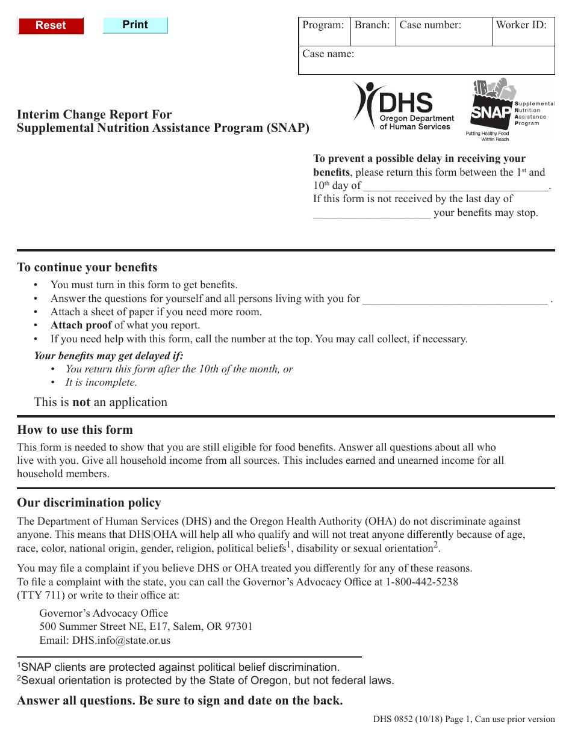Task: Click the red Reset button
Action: coord(51,26)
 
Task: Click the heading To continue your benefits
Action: coord(87,268)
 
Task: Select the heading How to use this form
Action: coord(75,430)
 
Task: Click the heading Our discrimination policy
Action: coord(89,503)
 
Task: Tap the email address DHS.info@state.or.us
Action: coord(121,640)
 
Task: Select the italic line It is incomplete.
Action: coord(101,383)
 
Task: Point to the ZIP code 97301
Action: coord(238,627)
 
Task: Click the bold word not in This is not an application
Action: coord(81,402)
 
